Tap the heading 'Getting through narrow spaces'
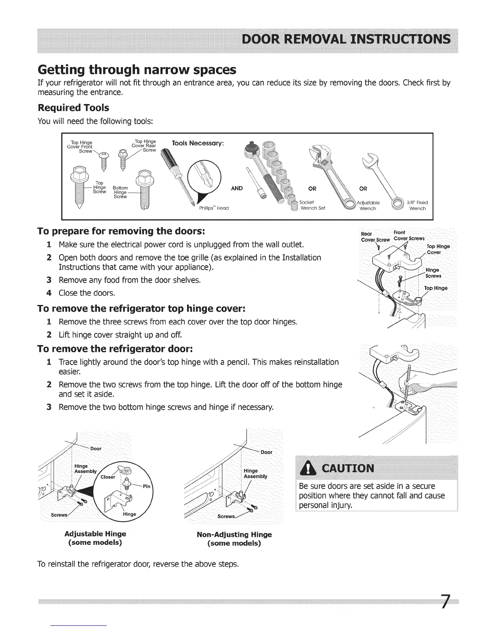pos(137,70)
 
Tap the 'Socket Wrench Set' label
pos(312,205)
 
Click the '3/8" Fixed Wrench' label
pos(417,205)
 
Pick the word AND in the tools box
pos(237,188)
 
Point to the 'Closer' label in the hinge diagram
pos(108,477)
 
